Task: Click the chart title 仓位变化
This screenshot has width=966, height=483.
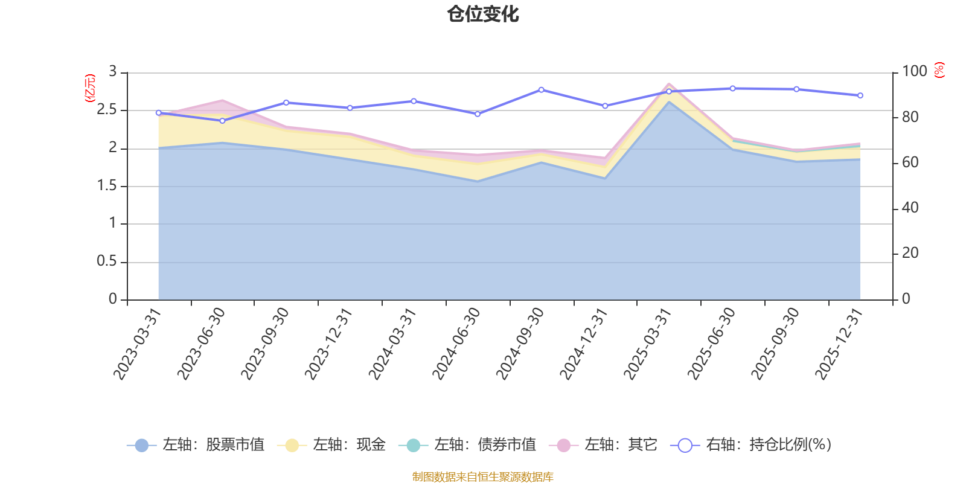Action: click(x=483, y=14)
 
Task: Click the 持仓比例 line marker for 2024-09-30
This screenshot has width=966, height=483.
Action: click(x=541, y=90)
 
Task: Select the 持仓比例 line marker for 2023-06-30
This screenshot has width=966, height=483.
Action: click(x=222, y=121)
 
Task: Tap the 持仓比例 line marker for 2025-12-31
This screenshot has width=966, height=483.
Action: click(x=860, y=95)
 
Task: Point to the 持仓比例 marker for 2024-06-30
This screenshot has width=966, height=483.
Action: click(x=478, y=114)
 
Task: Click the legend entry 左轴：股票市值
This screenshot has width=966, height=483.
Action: click(x=196, y=445)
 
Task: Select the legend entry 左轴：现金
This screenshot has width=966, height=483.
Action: click(x=331, y=445)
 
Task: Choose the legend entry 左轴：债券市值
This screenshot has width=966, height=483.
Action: click(x=467, y=445)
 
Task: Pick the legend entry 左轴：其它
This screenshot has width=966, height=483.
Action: click(x=603, y=445)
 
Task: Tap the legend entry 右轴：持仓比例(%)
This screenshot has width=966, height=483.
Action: click(x=752, y=445)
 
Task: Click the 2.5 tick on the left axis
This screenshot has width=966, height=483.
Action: click(x=107, y=110)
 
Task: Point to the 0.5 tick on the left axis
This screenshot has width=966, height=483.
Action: click(x=107, y=262)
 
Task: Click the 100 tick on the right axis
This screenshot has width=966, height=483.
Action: click(x=914, y=72)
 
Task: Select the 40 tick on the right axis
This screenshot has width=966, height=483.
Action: click(x=910, y=208)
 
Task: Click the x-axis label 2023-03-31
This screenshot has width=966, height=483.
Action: click(x=138, y=344)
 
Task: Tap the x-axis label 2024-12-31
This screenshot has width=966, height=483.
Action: click(x=584, y=344)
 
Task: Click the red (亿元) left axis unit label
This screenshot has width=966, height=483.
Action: click(x=89, y=88)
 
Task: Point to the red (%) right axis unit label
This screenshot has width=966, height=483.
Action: click(x=939, y=70)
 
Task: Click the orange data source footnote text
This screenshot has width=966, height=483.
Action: click(x=482, y=477)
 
